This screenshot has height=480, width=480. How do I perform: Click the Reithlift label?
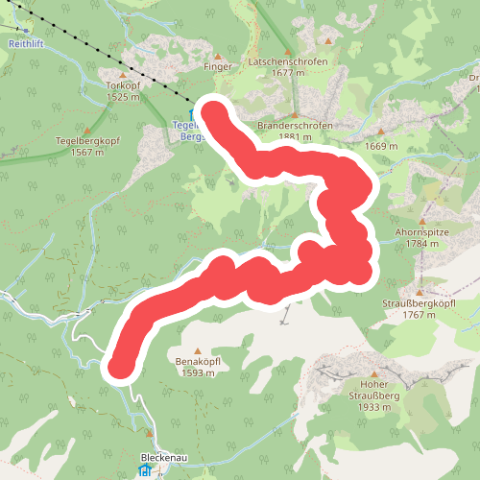[27, 44]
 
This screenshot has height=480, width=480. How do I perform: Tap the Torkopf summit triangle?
[122, 73]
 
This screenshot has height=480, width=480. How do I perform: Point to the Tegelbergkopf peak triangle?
[88, 130]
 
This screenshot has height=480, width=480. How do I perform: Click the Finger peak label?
[218, 68]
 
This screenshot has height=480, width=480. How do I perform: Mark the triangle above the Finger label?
[219, 56]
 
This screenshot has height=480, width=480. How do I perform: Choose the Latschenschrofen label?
[287, 61]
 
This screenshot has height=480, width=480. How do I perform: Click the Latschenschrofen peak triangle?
[285, 50]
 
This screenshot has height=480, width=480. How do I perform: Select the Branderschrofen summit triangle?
[294, 113]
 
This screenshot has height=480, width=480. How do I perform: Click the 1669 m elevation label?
[381, 146]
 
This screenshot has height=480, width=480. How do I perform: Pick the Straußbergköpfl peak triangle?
[419, 292]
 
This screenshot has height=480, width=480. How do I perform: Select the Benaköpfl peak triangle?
[198, 350]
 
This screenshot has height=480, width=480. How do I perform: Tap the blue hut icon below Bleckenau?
[144, 472]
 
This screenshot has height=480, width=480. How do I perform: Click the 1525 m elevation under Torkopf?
[124, 97]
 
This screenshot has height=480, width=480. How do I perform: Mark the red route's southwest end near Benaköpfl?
[121, 365]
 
